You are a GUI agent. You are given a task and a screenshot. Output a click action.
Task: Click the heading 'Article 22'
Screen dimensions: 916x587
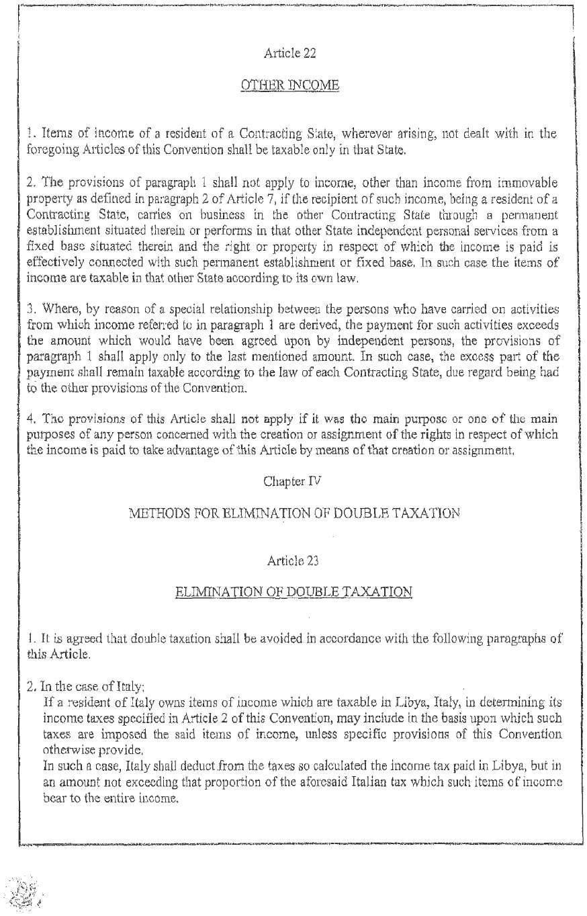point(289,52)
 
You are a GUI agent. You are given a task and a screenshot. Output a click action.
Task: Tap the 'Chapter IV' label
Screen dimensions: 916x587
point(289,481)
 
